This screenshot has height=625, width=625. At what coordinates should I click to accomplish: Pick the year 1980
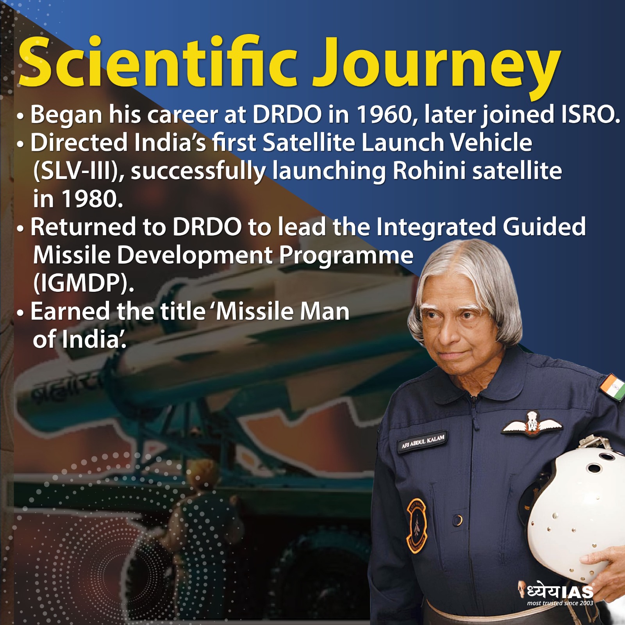(x=93, y=199)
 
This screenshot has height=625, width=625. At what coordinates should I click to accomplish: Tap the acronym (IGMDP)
(x=84, y=284)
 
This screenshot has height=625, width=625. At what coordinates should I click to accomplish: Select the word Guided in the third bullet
(x=545, y=227)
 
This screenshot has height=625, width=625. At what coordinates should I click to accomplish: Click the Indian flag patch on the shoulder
(x=612, y=387)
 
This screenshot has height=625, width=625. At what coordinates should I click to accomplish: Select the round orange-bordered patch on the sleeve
(x=417, y=526)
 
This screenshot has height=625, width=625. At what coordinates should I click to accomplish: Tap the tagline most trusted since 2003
(x=560, y=603)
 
